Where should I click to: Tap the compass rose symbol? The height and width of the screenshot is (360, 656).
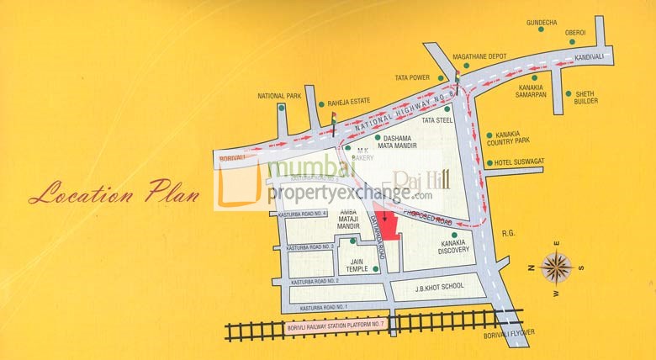pyautogui.click(x=556, y=267)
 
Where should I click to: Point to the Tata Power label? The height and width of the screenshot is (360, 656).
pyautogui.click(x=413, y=77)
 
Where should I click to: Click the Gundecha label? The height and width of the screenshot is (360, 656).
pyautogui.click(x=542, y=19)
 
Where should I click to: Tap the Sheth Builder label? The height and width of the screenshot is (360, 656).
pyautogui.click(x=586, y=98)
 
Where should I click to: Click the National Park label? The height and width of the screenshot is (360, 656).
pyautogui.click(x=279, y=96)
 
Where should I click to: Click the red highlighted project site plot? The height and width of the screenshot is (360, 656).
pyautogui.click(x=388, y=225)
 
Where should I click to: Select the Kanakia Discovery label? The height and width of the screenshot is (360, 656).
pyautogui.click(x=454, y=246)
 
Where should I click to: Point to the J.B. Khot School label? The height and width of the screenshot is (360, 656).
pyautogui.click(x=439, y=286)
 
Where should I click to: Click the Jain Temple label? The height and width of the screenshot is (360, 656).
pyautogui.click(x=357, y=265)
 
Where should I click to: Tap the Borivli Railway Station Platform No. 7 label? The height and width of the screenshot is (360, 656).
pyautogui.click(x=336, y=325)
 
